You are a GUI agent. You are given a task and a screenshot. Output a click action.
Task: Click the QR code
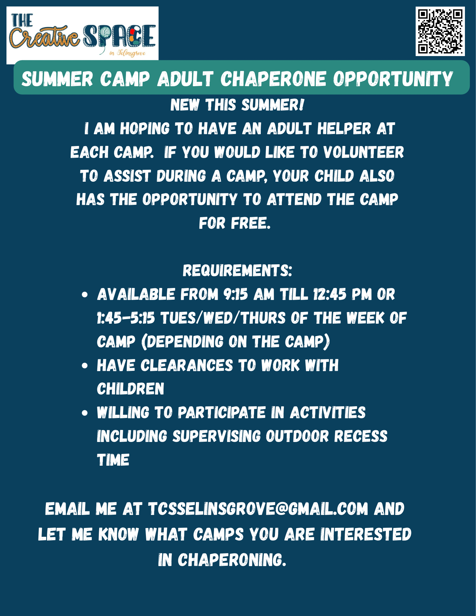click(x=440, y=31)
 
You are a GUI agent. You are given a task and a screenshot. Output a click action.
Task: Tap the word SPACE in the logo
click(x=119, y=36)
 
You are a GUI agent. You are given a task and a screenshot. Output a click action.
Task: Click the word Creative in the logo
click(x=45, y=37)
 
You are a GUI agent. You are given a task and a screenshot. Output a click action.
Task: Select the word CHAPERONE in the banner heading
click(x=273, y=79)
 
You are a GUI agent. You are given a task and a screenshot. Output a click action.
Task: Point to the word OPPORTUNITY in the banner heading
click(x=393, y=79)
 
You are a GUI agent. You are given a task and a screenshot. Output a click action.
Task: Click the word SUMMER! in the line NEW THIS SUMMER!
click(x=273, y=105)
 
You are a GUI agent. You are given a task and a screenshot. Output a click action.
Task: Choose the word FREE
click(x=251, y=223)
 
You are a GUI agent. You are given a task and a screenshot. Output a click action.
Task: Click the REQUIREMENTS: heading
click(x=237, y=270)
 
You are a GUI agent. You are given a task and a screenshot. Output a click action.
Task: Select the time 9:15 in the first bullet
click(x=236, y=294)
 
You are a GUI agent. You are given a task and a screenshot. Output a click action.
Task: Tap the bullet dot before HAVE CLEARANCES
click(x=85, y=366)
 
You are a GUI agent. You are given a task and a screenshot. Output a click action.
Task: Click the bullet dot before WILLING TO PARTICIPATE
click(x=85, y=413)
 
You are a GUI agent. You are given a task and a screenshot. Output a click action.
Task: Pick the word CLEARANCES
click(x=187, y=366)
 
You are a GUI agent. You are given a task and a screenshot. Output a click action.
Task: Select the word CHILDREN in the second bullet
click(x=131, y=389)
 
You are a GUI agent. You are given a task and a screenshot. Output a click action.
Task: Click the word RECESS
click(x=361, y=436)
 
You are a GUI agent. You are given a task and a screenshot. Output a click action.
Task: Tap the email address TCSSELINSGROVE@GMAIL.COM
click(x=258, y=509)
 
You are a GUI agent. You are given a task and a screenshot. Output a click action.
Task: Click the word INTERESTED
click(x=366, y=534)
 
